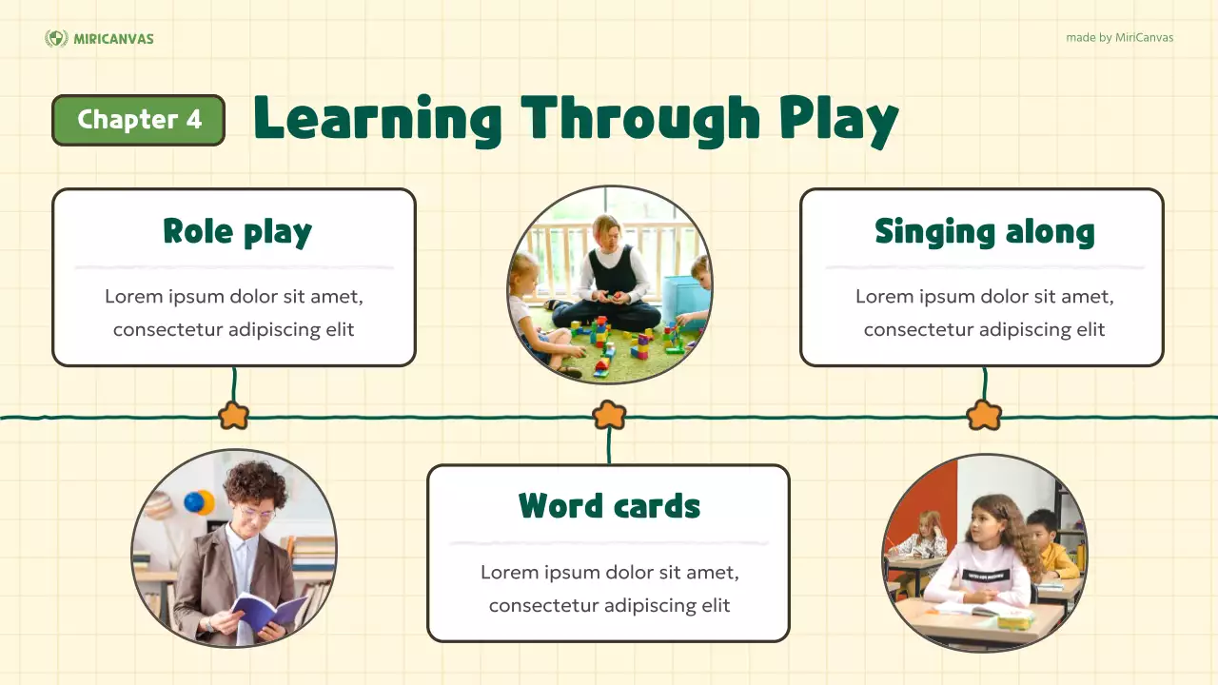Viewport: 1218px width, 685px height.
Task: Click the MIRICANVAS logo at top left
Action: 99,38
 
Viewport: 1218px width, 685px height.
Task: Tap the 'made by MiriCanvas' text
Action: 1119,38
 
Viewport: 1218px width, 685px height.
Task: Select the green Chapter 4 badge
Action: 139,120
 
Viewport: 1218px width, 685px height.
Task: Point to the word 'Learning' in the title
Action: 377,120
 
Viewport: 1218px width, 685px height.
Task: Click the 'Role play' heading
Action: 237,232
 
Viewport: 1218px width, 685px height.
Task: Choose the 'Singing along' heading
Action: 984,232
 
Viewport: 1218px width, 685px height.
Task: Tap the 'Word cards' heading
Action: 609,506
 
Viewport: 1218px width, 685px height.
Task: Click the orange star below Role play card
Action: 233,416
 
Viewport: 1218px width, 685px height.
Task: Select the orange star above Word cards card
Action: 609,415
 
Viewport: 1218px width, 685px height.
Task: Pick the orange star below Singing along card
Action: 984,416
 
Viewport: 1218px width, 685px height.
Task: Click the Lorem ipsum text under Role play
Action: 234,313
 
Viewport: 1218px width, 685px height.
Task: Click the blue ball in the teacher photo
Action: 197,502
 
